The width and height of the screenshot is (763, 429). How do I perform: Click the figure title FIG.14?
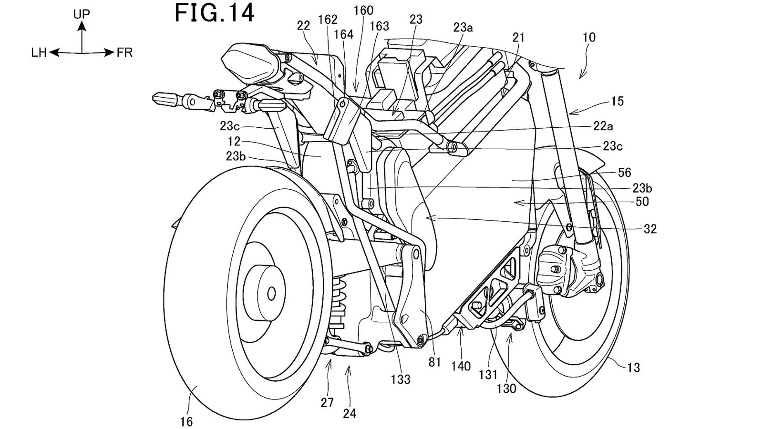coord(214,13)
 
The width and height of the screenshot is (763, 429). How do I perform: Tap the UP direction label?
coord(82,14)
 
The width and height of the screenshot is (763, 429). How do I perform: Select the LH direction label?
coord(39,53)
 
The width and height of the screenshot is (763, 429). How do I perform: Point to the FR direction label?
coord(124,53)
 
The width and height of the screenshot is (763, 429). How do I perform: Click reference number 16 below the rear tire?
coord(186,421)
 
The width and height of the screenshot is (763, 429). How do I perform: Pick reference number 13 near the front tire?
coord(633,368)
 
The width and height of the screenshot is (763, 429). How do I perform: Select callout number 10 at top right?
coord(589,37)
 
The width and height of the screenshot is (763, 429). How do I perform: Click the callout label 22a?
coord(603,126)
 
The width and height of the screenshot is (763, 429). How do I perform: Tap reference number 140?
coord(461,366)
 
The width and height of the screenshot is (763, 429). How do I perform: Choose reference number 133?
coord(401,379)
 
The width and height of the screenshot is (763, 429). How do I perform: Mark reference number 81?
coord(434,362)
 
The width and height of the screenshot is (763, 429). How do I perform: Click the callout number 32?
coord(650,229)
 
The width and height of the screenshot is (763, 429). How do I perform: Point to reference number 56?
coord(625,173)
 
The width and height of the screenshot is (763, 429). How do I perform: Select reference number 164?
coord(343,34)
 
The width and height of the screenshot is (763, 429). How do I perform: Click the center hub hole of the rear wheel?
coord(271,293)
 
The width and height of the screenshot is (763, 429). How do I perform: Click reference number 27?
coord(327,403)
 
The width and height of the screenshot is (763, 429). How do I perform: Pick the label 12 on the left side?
coord(234,142)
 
